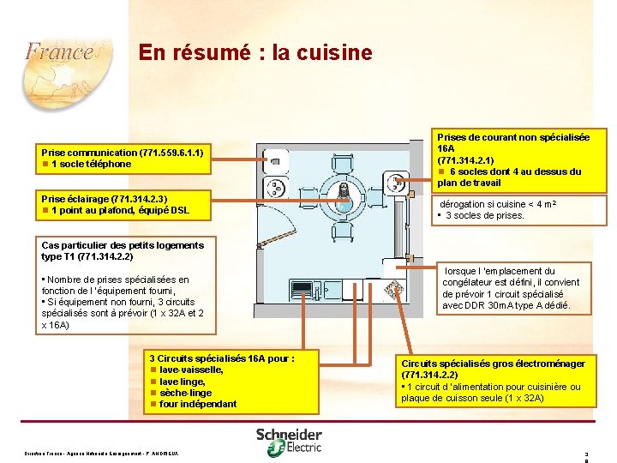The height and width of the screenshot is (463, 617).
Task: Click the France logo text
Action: (x=58, y=51)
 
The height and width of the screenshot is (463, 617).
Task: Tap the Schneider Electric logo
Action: (x=289, y=439)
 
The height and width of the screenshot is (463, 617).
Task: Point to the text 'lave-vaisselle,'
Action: (x=191, y=370)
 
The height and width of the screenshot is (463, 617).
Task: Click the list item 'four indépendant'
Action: (x=198, y=404)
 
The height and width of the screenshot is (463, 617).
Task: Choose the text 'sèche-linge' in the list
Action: (x=185, y=393)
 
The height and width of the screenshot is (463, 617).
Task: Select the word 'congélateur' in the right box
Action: (x=468, y=283)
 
